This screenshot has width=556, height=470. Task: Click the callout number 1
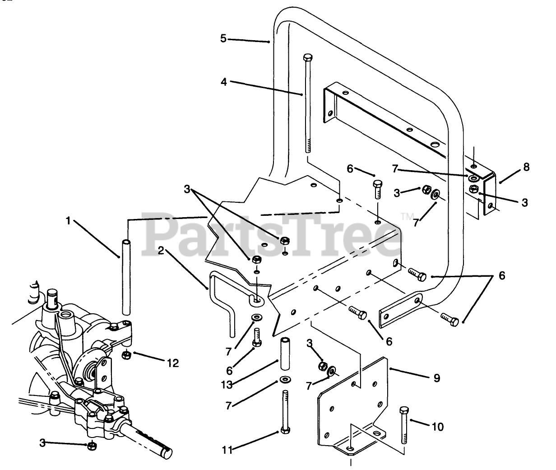pyautogui.click(x=69, y=222)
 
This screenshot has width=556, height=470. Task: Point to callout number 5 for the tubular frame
pyautogui.click(x=223, y=38)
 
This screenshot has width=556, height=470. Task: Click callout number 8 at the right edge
pyautogui.click(x=526, y=168)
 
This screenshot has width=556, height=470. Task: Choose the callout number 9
pyautogui.click(x=436, y=377)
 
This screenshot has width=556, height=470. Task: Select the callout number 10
pyautogui.click(x=437, y=426)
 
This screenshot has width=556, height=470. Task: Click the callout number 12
pyautogui.click(x=172, y=362)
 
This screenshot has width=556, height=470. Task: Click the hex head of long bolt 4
pyautogui.click(x=307, y=58)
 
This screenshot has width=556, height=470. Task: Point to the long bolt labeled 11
pyautogui.click(x=284, y=411)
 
